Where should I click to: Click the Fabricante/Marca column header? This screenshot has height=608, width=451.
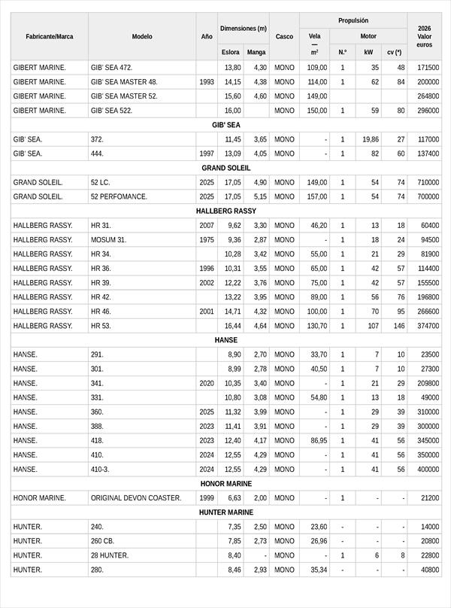pyautogui.click(x=49, y=36)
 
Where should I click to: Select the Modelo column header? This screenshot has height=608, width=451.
pyautogui.click(x=142, y=36)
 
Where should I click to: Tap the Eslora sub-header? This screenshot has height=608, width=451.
pyautogui.click(x=231, y=53)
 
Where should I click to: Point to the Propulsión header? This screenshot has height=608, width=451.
pyautogui.click(x=353, y=20)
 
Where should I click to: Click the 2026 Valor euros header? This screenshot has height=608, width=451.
pyautogui.click(x=424, y=36)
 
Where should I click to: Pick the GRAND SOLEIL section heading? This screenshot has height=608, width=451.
pyautogui.click(x=225, y=168)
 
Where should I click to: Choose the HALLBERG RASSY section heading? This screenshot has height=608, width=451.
pyautogui.click(x=225, y=211)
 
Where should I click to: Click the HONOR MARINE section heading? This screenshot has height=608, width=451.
pyautogui.click(x=225, y=484)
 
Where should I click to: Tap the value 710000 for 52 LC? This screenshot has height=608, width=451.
pyautogui.click(x=428, y=182)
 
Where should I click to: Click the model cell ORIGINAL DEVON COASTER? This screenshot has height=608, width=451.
pyautogui.click(x=136, y=498)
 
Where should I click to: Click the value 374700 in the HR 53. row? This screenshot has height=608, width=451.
pyautogui.click(x=428, y=326)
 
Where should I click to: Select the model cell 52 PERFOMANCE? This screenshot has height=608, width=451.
pyautogui.click(x=119, y=196)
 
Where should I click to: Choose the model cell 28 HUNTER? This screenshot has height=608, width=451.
pyautogui.click(x=110, y=555)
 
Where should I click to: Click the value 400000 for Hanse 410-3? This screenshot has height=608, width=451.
pyautogui.click(x=428, y=469)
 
